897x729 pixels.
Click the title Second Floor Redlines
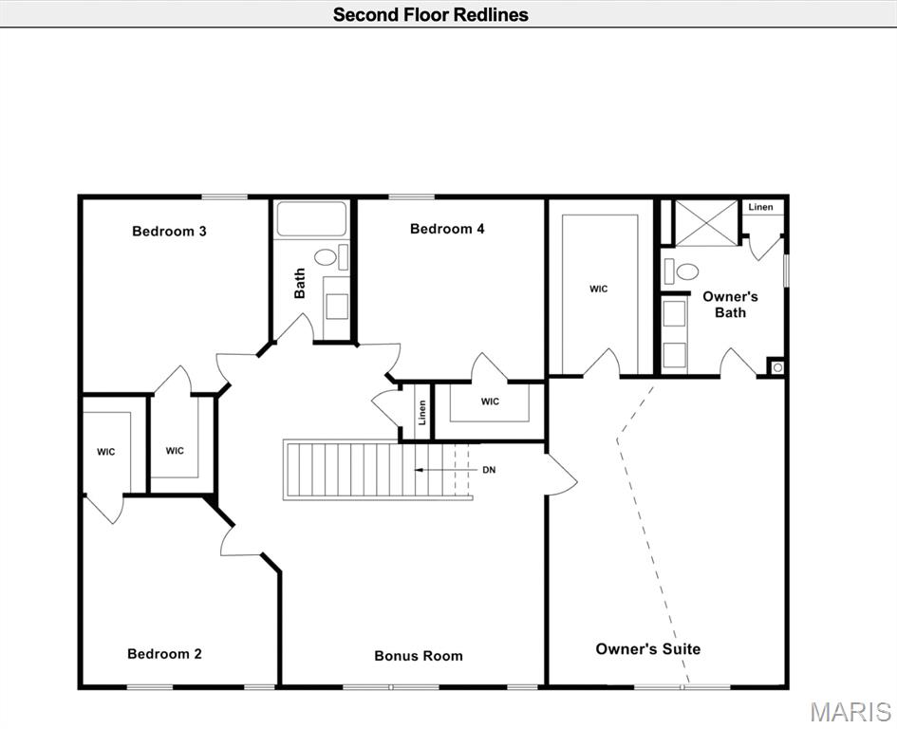430,14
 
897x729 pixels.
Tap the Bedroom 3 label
169,231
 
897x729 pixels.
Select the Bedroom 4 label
447,228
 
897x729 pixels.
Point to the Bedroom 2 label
164,653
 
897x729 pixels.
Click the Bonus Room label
419,655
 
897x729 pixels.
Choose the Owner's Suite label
647,648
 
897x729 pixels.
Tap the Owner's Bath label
730,304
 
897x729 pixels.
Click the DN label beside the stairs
489,470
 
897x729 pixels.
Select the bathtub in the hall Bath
312,221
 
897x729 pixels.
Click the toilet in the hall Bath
326,257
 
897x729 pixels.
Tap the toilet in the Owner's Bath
686,271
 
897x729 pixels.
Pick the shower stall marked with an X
705,223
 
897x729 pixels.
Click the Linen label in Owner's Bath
760,207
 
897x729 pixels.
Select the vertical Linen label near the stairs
422,412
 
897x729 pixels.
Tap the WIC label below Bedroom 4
490,402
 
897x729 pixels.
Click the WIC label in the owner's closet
598,289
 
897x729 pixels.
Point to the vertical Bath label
300,283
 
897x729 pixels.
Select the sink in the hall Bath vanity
336,305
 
